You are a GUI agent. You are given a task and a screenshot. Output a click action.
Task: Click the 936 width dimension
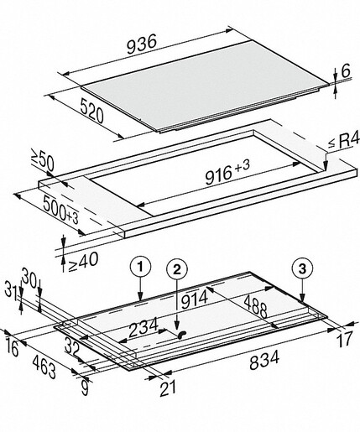142,45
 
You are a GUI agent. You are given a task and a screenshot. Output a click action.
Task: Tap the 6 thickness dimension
346,70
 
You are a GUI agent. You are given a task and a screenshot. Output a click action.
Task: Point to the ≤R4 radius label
343,142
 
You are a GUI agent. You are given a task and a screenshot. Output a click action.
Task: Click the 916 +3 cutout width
227,173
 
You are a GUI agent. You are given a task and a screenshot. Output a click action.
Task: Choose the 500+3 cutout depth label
60,210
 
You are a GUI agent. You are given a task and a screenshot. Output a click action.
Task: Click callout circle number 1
140,268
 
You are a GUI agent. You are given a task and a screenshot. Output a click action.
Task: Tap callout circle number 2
177,269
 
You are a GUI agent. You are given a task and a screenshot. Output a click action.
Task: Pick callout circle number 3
302,269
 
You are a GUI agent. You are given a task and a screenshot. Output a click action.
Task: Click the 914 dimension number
195,299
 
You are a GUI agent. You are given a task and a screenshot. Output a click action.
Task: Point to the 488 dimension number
256,307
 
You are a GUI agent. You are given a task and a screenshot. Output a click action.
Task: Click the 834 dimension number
264,361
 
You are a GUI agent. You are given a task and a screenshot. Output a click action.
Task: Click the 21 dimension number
168,388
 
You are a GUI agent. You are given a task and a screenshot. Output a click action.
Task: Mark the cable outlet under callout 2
181,334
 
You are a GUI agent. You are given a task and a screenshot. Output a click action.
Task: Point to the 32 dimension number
72,346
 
